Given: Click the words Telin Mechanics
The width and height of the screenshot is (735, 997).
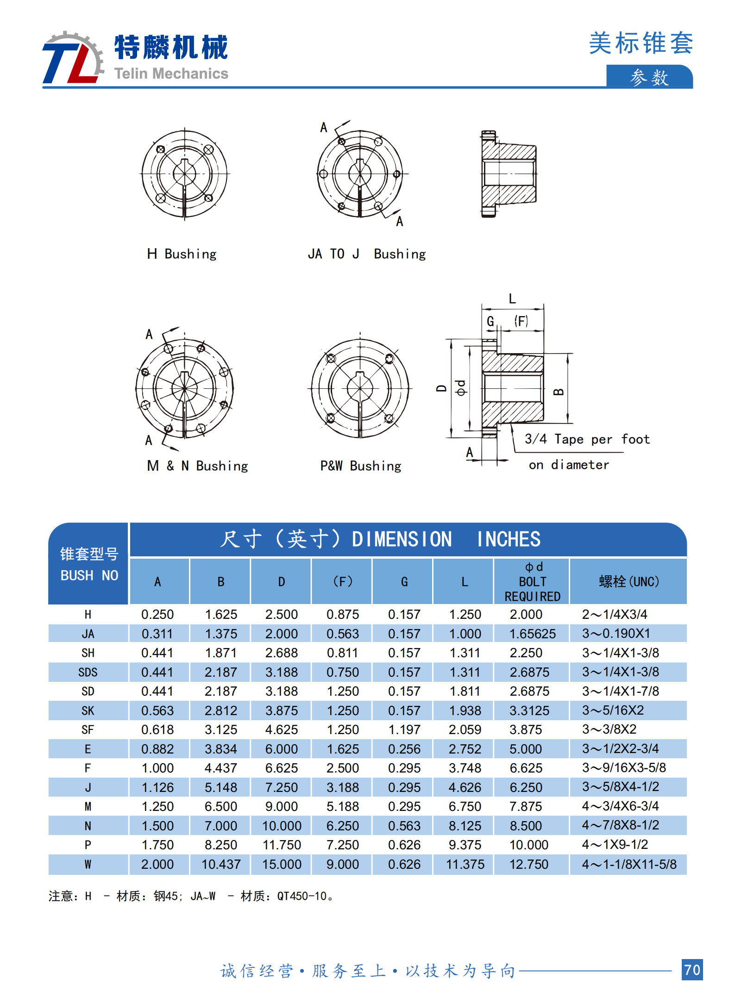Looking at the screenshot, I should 171,74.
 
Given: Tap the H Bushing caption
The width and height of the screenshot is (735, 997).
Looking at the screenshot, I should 182,254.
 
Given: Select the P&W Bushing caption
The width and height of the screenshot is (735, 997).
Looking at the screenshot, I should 360,466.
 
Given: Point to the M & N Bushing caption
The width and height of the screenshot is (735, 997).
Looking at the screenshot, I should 197,466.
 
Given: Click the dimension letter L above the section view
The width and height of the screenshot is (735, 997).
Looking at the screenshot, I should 512,299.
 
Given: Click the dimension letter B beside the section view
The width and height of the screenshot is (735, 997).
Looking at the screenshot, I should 559,392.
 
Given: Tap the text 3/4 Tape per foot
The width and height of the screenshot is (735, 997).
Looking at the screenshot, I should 587,439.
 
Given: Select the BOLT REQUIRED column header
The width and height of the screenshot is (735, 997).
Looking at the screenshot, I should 532,589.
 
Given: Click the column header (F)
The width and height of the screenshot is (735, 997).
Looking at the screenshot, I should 342,581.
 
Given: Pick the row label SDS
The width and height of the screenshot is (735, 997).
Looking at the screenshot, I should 88,672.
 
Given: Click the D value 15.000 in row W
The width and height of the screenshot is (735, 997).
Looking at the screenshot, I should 282,864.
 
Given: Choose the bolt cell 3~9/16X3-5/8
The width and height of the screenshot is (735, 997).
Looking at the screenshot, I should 623,768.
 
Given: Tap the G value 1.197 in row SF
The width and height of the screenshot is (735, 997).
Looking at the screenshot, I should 404,730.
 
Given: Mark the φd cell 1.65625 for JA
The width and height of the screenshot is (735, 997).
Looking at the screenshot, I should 532,634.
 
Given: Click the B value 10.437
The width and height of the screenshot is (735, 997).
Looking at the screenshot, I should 221,864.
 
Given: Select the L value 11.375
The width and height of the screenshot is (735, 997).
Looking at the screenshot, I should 465,864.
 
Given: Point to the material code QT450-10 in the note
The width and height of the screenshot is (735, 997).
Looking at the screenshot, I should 302,896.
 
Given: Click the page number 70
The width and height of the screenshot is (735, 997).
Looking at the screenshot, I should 691,970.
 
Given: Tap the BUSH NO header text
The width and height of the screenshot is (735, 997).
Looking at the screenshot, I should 89,575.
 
